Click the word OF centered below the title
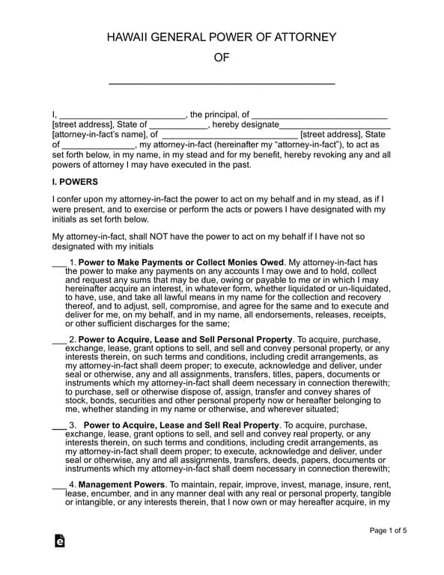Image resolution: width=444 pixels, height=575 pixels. click(222, 58)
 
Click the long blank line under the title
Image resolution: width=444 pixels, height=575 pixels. click(222, 82)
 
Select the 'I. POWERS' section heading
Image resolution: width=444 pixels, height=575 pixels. click(75, 182)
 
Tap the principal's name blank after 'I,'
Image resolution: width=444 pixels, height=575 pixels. click(122, 115)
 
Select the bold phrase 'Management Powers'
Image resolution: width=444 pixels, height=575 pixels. click(121, 485)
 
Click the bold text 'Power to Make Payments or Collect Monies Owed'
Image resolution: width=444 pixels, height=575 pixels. click(180, 263)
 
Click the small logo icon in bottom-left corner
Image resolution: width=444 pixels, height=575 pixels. click(59, 541)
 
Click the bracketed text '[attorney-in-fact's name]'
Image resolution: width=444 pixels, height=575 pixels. click(100, 135)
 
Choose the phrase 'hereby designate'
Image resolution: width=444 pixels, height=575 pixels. click(245, 124)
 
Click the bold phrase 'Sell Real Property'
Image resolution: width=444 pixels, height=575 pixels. click(241, 425)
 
